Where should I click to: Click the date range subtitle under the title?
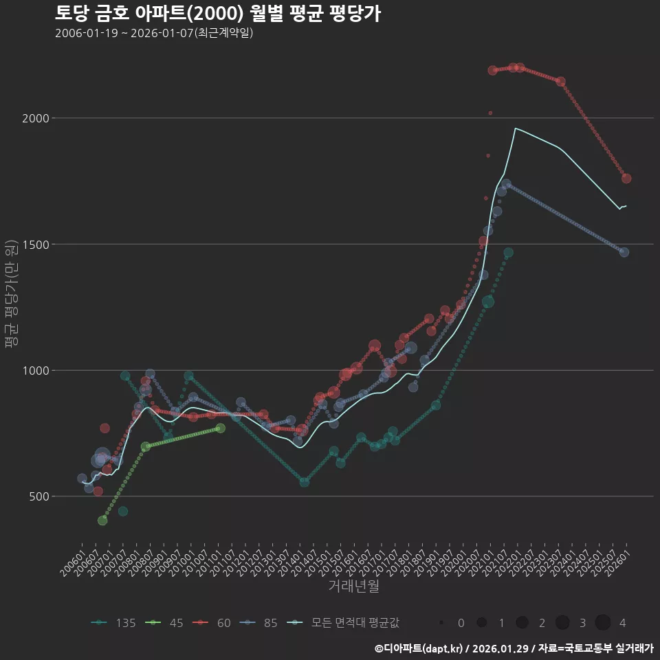click(x=154, y=33)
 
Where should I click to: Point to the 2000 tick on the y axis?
click(x=36, y=118)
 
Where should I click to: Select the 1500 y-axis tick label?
click(x=36, y=244)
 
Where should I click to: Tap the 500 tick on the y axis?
click(x=39, y=496)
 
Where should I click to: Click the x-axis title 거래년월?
click(x=353, y=586)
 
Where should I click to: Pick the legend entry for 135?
click(x=113, y=623)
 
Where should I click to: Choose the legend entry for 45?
click(x=167, y=623)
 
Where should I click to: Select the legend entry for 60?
click(x=214, y=623)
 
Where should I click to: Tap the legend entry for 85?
click(x=261, y=623)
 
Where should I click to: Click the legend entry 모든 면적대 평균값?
click(x=344, y=623)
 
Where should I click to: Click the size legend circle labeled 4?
click(x=603, y=623)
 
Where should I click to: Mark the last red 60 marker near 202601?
click(x=626, y=179)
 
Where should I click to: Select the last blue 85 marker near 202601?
click(x=624, y=252)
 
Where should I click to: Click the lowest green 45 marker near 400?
click(x=102, y=520)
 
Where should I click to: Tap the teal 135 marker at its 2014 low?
click(x=304, y=482)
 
